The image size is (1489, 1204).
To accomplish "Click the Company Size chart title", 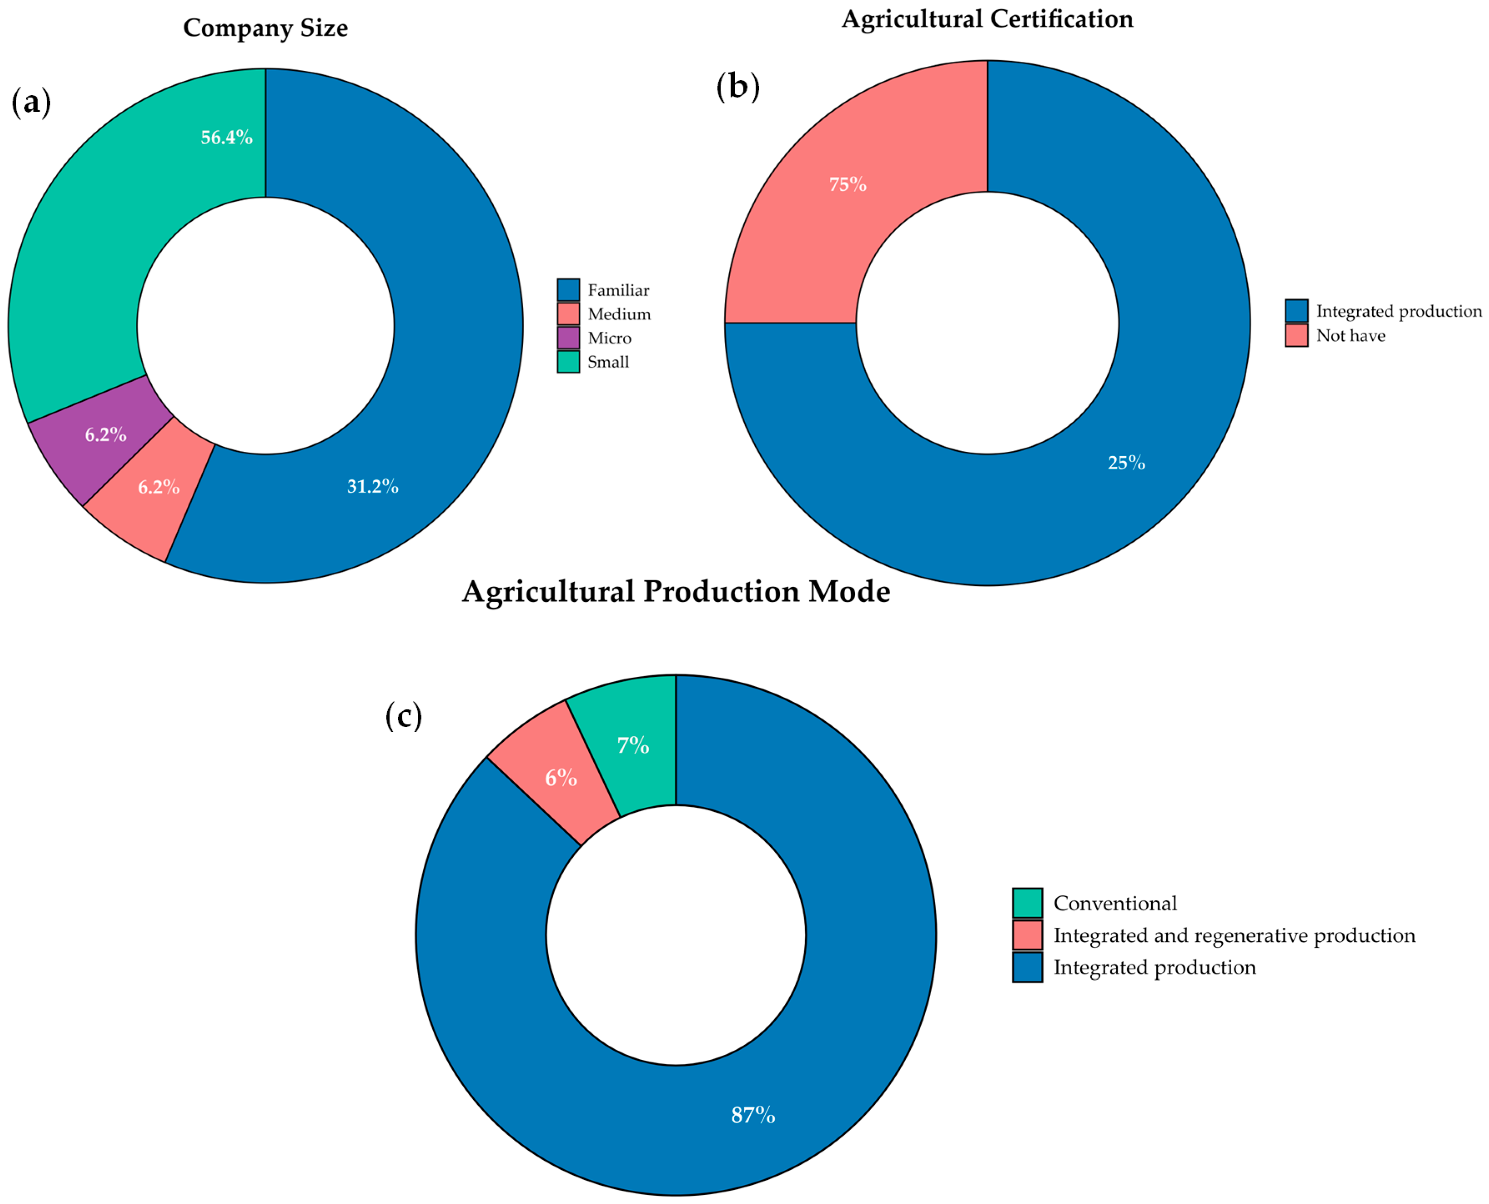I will pyautogui.click(x=265, y=28).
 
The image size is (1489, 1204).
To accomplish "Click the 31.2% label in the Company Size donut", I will pyautogui.click(x=373, y=486).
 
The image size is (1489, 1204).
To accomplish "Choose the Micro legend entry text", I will pyautogui.click(x=609, y=338).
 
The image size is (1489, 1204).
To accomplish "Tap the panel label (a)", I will pyautogui.click(x=31, y=103).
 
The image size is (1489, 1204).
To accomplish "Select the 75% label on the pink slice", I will pyautogui.click(x=847, y=185).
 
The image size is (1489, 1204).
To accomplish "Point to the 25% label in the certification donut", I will pyautogui.click(x=1125, y=463).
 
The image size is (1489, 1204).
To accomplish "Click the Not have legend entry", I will pyautogui.click(x=1350, y=335).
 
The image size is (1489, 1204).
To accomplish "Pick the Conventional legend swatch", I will pyautogui.click(x=1027, y=903).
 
